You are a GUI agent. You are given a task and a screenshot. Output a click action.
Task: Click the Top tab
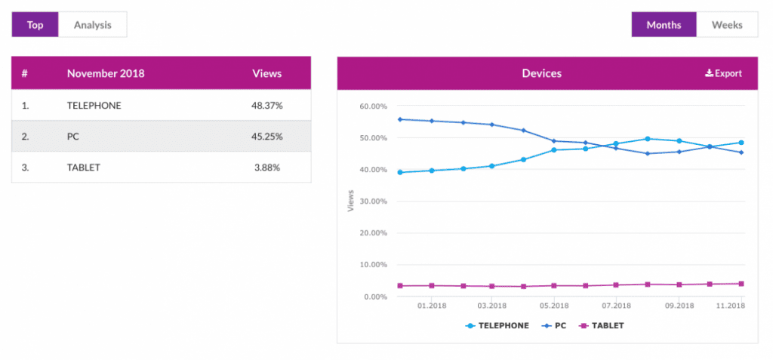(35, 25)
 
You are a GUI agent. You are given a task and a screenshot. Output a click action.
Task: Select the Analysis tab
(92, 25)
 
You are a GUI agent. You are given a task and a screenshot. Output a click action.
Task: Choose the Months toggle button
(664, 25)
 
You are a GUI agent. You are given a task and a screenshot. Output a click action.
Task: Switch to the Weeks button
(727, 25)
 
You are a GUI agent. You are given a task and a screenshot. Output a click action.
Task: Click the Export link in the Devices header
(723, 73)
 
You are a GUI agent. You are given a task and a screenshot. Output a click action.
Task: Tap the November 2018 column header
(106, 73)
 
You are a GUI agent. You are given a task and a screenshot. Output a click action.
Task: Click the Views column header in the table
(266, 73)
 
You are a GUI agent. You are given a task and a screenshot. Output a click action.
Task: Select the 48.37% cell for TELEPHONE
(266, 106)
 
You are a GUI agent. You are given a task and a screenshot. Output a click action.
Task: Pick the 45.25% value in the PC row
(266, 137)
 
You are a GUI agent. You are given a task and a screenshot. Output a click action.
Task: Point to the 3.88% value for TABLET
(266, 168)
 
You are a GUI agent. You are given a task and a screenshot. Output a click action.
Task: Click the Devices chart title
(541, 73)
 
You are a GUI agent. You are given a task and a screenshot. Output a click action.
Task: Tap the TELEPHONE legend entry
(498, 325)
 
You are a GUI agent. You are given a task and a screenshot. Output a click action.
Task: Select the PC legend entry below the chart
(557, 325)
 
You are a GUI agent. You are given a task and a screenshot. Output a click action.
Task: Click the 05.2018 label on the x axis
(554, 306)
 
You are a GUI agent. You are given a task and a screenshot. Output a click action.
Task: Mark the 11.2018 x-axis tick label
(731, 306)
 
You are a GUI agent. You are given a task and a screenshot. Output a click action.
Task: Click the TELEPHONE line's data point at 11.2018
(741, 143)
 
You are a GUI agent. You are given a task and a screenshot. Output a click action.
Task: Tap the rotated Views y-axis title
(350, 201)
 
